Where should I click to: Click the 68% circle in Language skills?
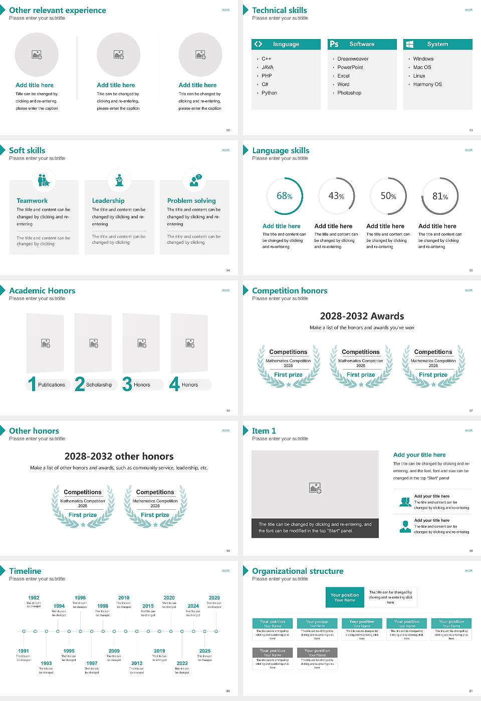tap(285, 196)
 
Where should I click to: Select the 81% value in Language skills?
tap(440, 196)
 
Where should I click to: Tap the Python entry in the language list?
tap(269, 93)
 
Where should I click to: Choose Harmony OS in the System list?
tap(427, 84)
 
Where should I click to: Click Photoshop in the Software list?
tap(349, 93)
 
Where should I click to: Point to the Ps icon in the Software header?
tap(334, 44)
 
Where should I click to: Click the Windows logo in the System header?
tap(409, 44)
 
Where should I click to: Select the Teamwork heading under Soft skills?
tap(32, 200)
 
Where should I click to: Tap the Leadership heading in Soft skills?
tap(108, 200)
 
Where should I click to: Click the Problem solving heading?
tap(191, 200)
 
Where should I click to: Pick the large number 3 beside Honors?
tap(127, 384)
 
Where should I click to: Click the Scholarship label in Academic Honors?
tap(99, 385)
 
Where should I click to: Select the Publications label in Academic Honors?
tap(52, 385)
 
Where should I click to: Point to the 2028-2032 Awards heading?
tap(362, 316)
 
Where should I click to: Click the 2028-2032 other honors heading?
tap(119, 456)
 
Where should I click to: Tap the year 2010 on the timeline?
tap(124, 597)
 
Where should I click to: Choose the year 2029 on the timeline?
tap(214, 597)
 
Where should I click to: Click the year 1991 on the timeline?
tap(24, 651)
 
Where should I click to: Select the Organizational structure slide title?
tap(298, 571)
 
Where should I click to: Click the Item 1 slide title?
tap(264, 431)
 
